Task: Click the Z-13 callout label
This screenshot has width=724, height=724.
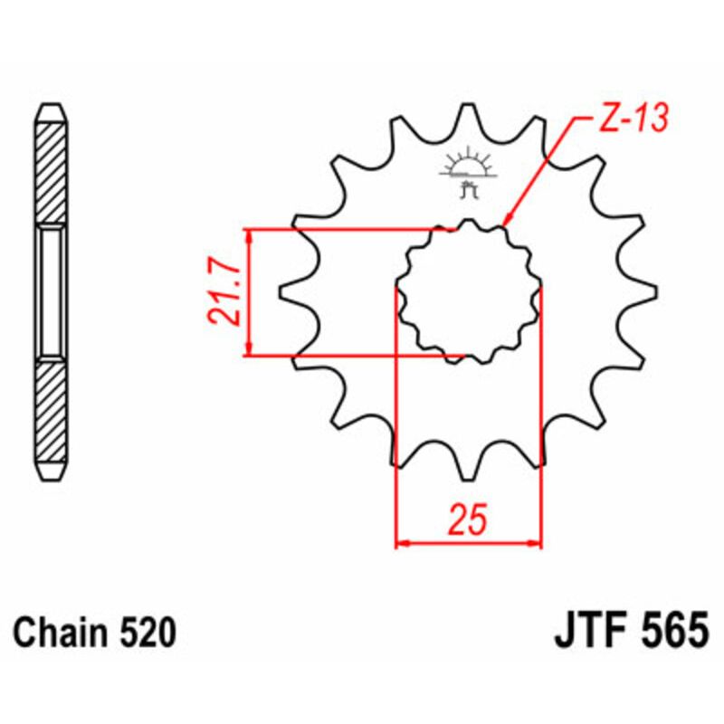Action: pyautogui.click(x=632, y=118)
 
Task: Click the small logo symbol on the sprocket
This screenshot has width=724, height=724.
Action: pyautogui.click(x=468, y=172)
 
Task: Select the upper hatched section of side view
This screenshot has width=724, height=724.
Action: pyautogui.click(x=51, y=172)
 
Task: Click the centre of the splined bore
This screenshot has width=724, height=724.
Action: pyautogui.click(x=468, y=291)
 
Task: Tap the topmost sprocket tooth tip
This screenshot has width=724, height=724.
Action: pyautogui.click(x=468, y=105)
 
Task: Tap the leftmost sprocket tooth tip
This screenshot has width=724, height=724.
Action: pyautogui.click(x=281, y=291)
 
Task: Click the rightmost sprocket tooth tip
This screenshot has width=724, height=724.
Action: pyautogui.click(x=654, y=291)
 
